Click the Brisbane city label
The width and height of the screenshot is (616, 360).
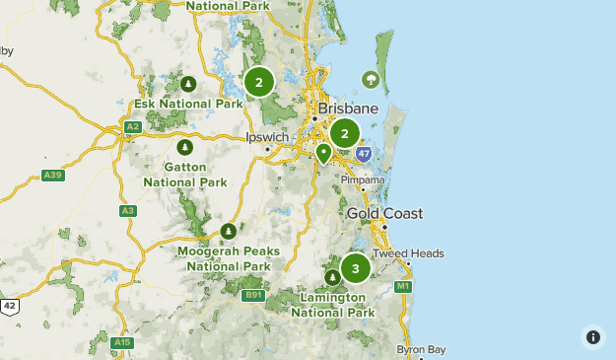click(348, 108)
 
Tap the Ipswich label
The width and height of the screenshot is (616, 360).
click(267, 138)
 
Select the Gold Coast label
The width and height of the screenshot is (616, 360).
click(384, 213)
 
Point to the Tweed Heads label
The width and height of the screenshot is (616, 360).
click(408, 253)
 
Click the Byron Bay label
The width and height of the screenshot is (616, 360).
click(422, 349)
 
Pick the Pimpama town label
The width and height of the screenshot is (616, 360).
click(363, 180)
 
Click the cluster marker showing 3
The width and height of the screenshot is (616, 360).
click(355, 268)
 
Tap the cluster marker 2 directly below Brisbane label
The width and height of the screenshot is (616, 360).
click(345, 133)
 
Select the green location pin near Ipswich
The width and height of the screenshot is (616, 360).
click(323, 153)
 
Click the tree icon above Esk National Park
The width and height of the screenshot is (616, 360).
click(188, 83)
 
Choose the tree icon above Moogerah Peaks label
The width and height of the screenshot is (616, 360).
click(229, 231)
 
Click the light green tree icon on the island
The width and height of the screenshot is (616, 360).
click(371, 79)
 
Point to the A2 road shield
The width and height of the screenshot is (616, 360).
click(133, 127)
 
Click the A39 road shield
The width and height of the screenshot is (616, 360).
click(53, 176)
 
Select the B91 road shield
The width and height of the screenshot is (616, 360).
click(254, 294)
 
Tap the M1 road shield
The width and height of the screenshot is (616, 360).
click(402, 286)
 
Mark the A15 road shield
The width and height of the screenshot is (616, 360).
click(122, 342)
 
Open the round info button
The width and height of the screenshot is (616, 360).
click(592, 336)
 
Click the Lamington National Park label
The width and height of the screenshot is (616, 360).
click(333, 305)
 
